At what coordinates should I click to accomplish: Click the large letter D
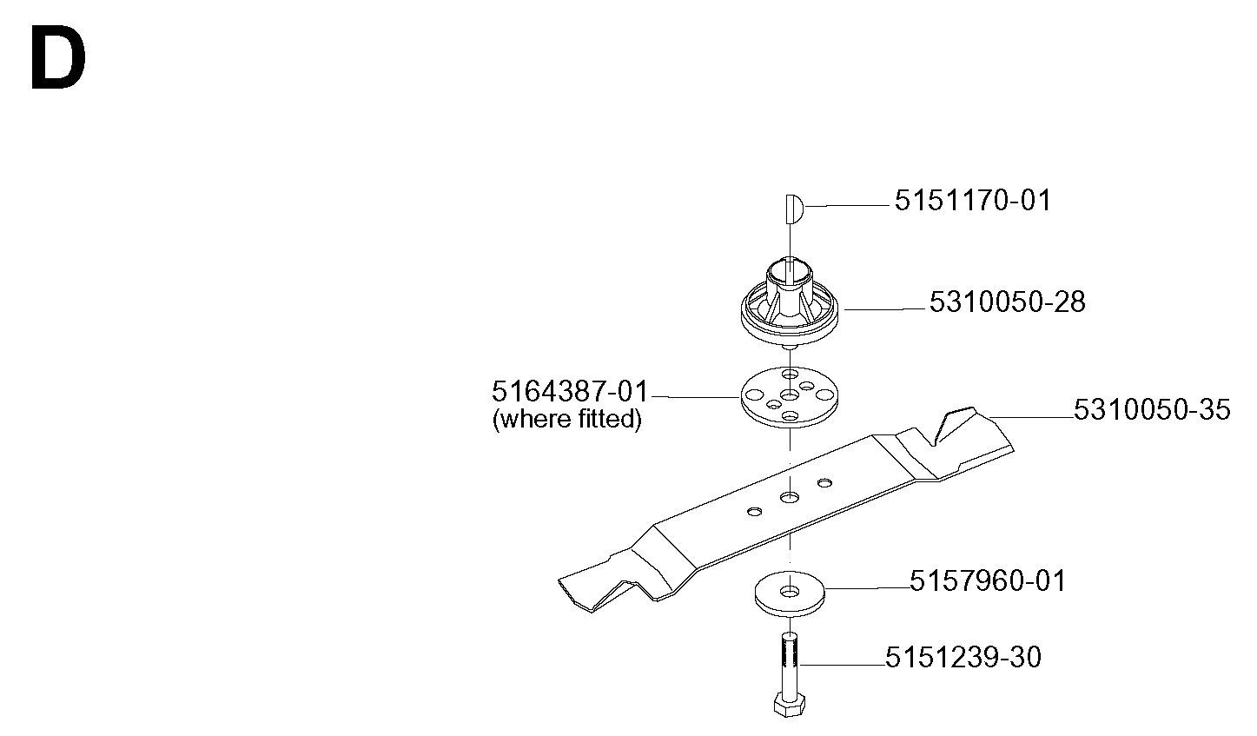click(58, 58)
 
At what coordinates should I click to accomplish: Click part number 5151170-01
click(972, 201)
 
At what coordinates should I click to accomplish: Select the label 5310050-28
click(1008, 302)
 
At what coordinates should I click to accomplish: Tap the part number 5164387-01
click(570, 391)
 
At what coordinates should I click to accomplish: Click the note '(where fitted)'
click(566, 419)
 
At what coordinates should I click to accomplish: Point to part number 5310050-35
click(1152, 410)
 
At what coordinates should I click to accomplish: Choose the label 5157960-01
click(987, 581)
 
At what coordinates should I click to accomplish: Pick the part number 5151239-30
click(963, 657)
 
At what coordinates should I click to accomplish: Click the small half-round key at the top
click(794, 209)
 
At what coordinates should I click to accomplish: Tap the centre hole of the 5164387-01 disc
click(790, 395)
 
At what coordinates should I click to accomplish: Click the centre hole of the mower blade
click(790, 497)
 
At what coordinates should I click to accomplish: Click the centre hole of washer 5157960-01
click(790, 592)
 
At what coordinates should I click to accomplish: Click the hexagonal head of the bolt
click(790, 705)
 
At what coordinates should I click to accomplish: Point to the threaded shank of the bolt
click(789, 663)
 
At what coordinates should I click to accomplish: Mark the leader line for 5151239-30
click(843, 666)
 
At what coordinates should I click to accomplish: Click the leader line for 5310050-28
click(883, 308)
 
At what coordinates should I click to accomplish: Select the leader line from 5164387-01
click(695, 397)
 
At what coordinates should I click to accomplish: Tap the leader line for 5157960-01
click(867, 588)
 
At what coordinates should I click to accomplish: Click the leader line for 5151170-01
click(847, 206)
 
